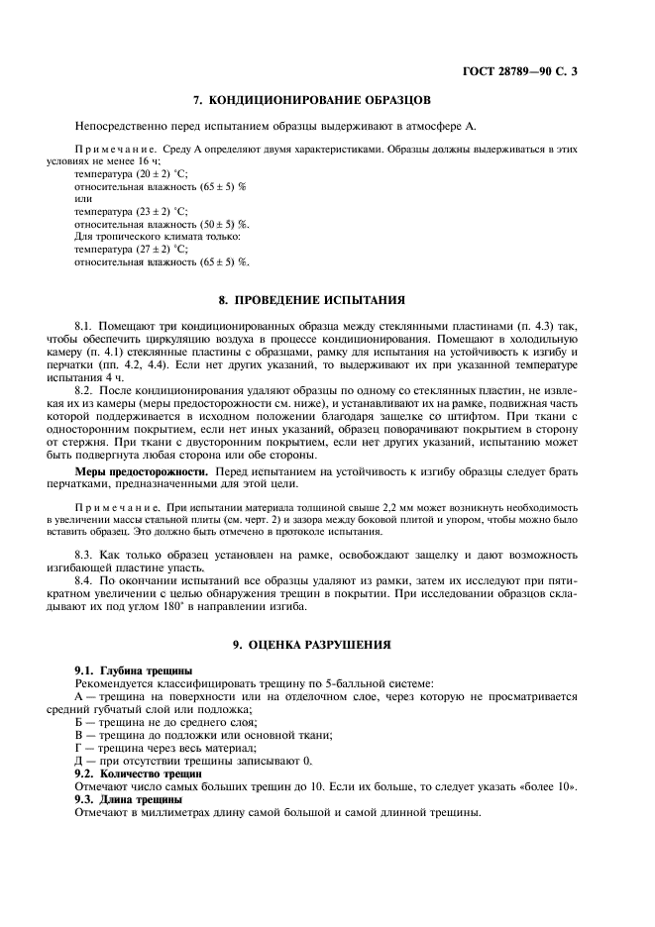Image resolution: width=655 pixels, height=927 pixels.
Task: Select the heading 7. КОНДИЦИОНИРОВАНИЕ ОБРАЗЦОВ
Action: click(310, 100)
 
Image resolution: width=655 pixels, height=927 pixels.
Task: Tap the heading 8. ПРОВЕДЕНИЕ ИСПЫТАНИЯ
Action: click(310, 299)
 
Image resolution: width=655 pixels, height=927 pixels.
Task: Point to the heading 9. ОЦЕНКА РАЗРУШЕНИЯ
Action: click(310, 645)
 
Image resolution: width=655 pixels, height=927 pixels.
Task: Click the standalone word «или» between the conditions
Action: click(83, 198)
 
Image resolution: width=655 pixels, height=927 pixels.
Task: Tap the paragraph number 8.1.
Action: click(86, 325)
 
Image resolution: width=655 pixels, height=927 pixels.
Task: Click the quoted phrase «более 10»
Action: click(548, 785)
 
